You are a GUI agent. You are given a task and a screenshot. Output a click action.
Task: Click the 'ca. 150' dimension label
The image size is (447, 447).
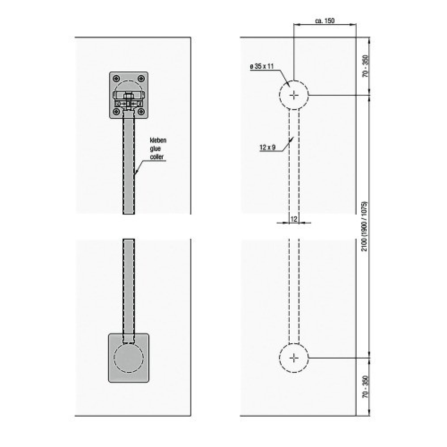click(325, 21)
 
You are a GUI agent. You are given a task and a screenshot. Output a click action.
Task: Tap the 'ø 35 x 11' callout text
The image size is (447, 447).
click(261, 67)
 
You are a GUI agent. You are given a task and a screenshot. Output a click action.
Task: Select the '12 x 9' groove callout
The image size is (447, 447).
click(268, 148)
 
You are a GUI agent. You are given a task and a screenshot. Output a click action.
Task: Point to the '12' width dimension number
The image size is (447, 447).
click(294, 219)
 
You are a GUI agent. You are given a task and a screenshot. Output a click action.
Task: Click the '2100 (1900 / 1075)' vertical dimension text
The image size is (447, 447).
click(364, 227)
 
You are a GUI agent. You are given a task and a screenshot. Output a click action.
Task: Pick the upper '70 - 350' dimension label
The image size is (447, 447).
click(366, 66)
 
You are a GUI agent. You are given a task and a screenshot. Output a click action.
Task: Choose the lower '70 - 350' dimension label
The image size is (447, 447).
click(366, 387)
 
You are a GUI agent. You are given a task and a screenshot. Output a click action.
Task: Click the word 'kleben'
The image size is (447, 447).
click(158, 140)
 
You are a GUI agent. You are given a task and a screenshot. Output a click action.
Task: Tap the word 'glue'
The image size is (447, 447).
click(156, 148)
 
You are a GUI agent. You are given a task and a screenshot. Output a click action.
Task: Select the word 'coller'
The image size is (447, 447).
click(157, 157)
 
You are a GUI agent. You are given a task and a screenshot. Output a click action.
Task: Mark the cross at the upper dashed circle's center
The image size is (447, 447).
click(294, 95)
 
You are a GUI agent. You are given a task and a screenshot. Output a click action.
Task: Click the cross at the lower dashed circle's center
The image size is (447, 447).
click(294, 358)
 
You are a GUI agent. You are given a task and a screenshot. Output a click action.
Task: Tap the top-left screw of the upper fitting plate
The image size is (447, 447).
click(116, 78)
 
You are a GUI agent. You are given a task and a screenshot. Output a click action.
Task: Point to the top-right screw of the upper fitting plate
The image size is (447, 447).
click(141, 78)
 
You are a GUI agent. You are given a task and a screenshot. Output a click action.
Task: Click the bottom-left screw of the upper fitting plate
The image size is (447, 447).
click(116, 111)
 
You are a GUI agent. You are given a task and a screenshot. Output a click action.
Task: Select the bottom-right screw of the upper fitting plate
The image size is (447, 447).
click(141, 111)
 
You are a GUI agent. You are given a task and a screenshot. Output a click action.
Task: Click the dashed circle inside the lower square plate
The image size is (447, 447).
click(129, 358)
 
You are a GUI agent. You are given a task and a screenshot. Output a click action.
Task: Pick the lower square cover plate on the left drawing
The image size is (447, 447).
click(129, 358)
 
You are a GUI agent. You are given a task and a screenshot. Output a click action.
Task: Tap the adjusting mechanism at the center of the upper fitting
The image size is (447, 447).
click(129, 100)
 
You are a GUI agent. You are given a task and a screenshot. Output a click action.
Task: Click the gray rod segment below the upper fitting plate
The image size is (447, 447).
click(129, 163)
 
